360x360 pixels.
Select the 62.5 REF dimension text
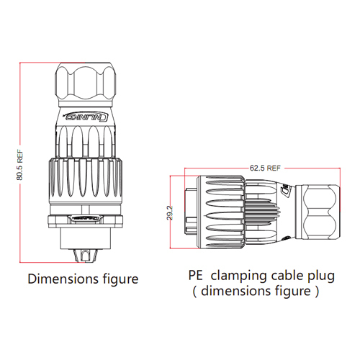pyautogui.click(x=266, y=168)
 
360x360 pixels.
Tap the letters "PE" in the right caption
pyautogui.click(x=196, y=275)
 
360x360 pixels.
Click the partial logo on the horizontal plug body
pyautogui.click(x=287, y=192)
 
